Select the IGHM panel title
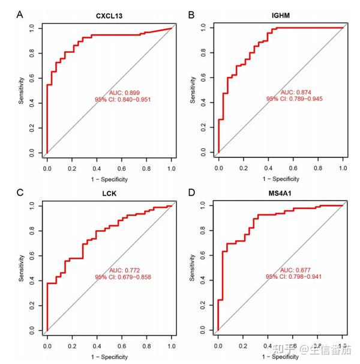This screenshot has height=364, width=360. coord(280,15)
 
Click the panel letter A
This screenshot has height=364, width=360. coord(20,13)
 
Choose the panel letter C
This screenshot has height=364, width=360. coord(20,192)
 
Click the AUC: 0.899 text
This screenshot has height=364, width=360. coord(124,93)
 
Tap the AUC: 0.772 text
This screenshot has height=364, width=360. coord(124,270)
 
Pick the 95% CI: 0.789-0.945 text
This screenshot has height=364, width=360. coord(294,100)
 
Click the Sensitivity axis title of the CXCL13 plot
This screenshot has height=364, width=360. coord(21,90)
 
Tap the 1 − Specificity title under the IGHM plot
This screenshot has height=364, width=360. coord(280,178)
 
